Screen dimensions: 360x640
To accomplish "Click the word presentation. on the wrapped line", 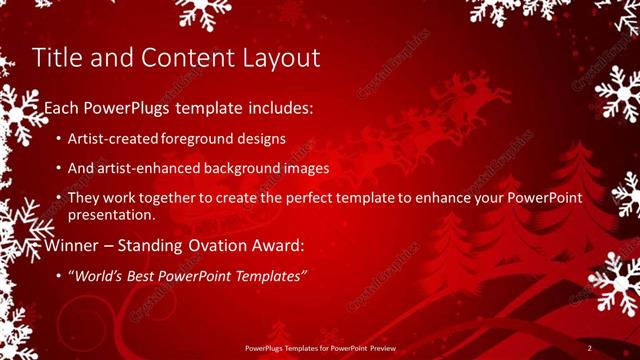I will [111, 214].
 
